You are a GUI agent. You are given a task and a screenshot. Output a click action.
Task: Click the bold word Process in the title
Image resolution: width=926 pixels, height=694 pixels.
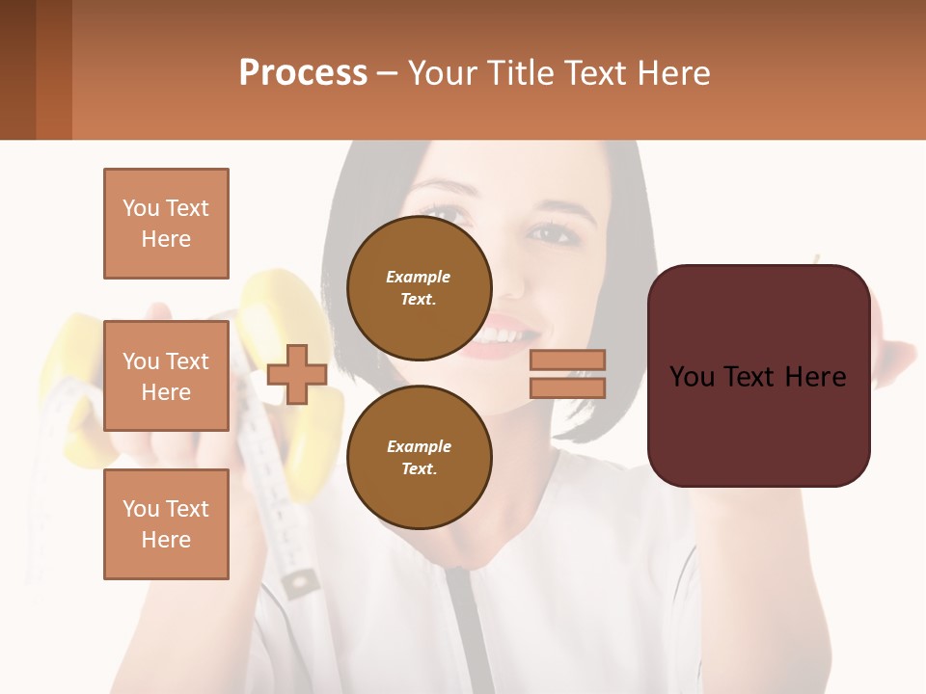[x=303, y=73]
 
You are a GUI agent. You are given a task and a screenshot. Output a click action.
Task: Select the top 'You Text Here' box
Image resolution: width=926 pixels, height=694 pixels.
[x=166, y=224]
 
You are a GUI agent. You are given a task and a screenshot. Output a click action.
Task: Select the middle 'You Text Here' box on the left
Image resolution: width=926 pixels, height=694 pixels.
[x=166, y=376]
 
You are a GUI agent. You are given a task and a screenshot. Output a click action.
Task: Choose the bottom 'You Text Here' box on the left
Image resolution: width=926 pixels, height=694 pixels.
[x=166, y=524]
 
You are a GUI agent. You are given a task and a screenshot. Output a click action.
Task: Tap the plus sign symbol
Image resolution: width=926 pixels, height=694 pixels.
[x=296, y=375]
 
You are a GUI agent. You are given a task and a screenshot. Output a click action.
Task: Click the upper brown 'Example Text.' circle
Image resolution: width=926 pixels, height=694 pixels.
[x=419, y=288]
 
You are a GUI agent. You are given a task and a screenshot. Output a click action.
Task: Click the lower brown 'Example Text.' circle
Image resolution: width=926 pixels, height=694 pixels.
[x=419, y=458]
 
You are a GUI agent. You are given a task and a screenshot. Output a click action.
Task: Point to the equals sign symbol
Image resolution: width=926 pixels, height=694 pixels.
[x=567, y=374]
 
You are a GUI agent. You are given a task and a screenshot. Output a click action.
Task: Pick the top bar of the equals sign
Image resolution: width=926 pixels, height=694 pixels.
[x=567, y=360]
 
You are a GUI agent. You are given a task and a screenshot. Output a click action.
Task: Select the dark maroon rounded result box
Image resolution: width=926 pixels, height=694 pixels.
[x=758, y=375]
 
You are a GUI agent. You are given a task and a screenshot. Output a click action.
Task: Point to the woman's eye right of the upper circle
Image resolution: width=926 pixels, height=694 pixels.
[x=551, y=232]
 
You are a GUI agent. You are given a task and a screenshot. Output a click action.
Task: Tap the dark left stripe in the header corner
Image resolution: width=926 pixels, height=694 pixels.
[x=17, y=69]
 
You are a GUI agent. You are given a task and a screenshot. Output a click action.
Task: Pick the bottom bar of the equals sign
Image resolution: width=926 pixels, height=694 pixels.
[x=567, y=387]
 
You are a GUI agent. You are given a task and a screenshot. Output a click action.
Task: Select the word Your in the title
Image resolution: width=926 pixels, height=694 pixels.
[x=441, y=73]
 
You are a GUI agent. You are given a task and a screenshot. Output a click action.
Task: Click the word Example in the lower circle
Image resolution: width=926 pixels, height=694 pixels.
[x=419, y=446]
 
